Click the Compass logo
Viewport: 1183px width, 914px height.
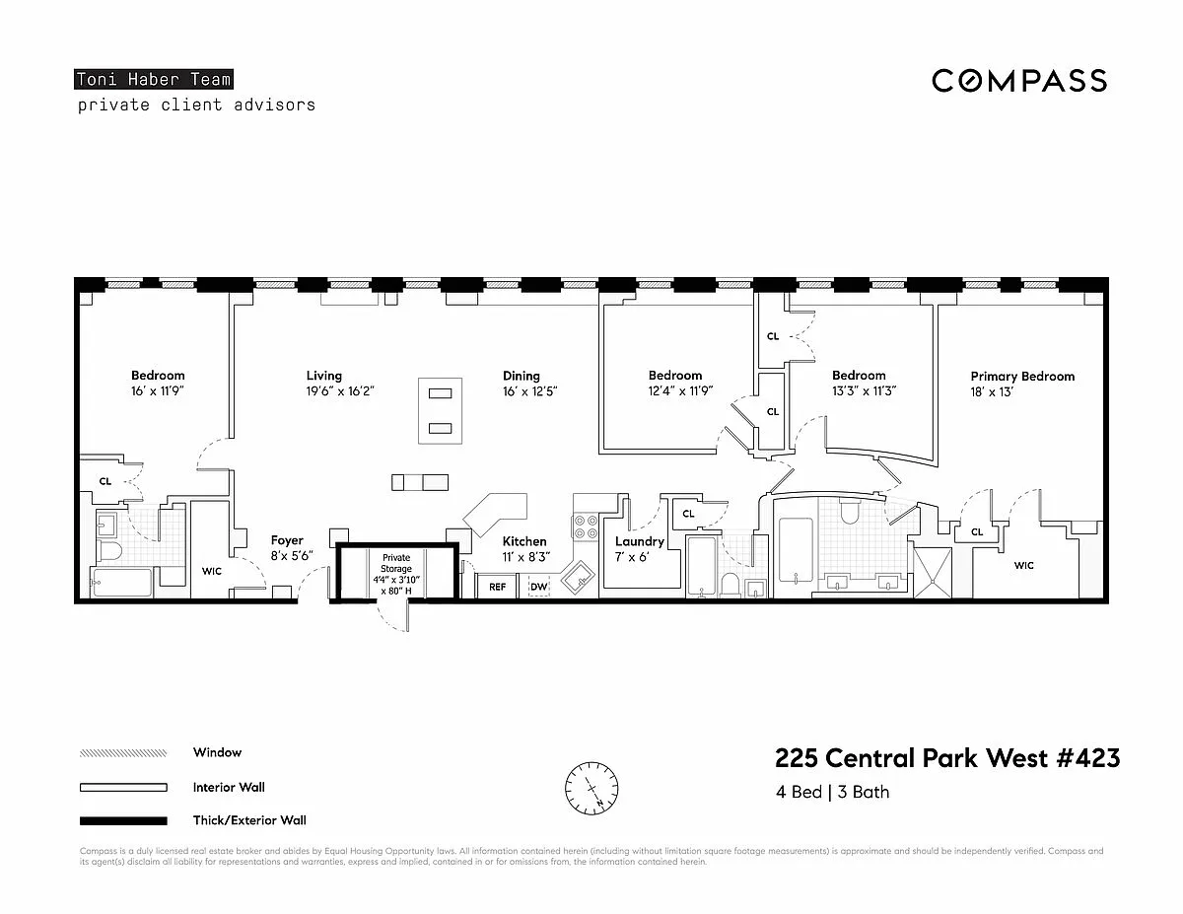pyautogui.click(x=1019, y=81)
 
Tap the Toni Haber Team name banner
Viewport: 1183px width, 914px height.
pyautogui.click(x=154, y=80)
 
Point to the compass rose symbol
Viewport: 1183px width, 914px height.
pyautogui.click(x=591, y=787)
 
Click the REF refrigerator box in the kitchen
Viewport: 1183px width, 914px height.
pyautogui.click(x=497, y=587)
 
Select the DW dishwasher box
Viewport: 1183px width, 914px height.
pyautogui.click(x=538, y=587)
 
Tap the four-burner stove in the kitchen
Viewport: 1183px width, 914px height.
pyautogui.click(x=586, y=527)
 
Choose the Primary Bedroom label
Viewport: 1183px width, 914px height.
pyautogui.click(x=1022, y=377)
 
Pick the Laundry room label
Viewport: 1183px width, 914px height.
pyautogui.click(x=640, y=541)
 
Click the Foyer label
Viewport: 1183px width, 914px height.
pyautogui.click(x=287, y=540)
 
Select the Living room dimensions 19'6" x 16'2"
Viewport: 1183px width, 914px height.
pyautogui.click(x=340, y=391)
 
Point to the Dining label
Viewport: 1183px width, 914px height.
pyautogui.click(x=522, y=376)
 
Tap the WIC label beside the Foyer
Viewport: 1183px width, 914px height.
pyautogui.click(x=212, y=571)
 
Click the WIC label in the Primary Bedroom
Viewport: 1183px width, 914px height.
pyautogui.click(x=1023, y=565)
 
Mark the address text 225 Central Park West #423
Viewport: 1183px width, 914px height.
pyautogui.click(x=947, y=758)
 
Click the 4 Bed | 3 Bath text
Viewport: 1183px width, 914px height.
pyautogui.click(x=832, y=792)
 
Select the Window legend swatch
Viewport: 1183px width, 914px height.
pyautogui.click(x=123, y=753)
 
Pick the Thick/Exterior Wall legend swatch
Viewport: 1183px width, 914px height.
pyautogui.click(x=123, y=820)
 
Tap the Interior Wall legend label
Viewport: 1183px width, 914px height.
pyautogui.click(x=229, y=787)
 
